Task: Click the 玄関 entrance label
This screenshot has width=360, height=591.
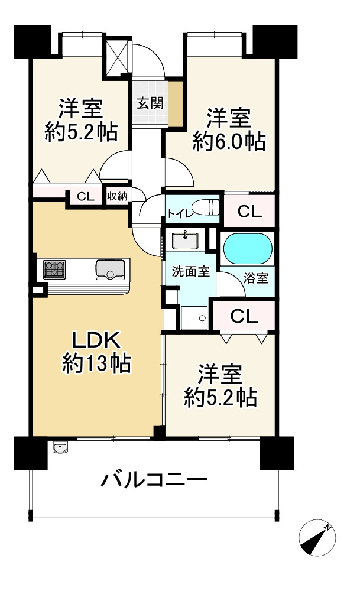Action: pos(150,103)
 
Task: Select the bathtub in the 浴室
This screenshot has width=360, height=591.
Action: pos(248,249)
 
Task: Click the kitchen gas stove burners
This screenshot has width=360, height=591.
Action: pos(54,270)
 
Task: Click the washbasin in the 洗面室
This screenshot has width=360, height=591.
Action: pos(185,241)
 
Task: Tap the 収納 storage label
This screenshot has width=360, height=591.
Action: pos(118,196)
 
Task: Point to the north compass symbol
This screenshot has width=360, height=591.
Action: pos(317,538)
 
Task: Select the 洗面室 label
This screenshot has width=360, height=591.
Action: pos(190,272)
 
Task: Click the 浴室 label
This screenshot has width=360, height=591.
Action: pos(255,277)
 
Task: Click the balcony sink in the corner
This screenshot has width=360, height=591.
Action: pos(59,449)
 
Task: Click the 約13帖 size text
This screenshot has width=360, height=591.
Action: pos(96,363)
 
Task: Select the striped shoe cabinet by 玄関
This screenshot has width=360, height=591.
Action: pos(175,103)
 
